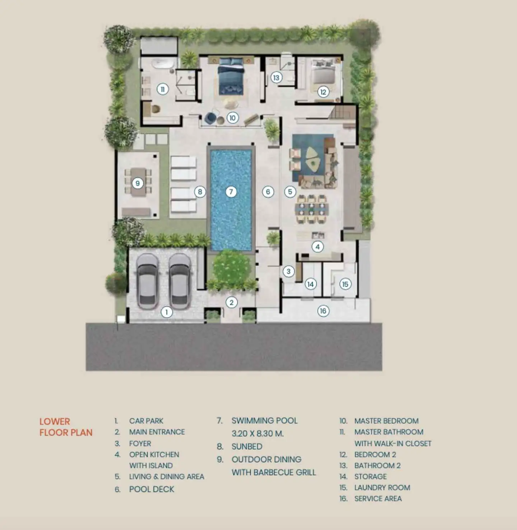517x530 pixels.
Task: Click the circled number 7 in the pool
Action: [231, 192]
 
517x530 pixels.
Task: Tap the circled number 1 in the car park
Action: [167, 312]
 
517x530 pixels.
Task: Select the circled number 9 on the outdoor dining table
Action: [138, 183]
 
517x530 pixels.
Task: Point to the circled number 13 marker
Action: [276, 78]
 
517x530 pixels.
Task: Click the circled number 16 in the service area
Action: [323, 311]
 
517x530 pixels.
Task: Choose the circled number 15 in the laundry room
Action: [345, 284]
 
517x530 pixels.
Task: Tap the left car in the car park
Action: [148, 281]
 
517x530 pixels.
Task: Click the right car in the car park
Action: [180, 281]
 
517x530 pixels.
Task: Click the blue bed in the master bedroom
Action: [230, 77]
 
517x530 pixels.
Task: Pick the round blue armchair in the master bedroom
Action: [210, 118]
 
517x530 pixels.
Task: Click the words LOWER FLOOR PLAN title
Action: [66, 427]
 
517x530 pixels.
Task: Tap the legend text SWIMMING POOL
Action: [264, 421]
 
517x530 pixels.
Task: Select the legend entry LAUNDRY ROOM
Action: [382, 487]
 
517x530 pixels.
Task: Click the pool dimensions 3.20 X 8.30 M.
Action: [257, 433]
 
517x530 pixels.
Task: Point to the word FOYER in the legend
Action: [140, 444]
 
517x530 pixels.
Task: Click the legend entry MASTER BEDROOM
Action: [386, 421]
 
